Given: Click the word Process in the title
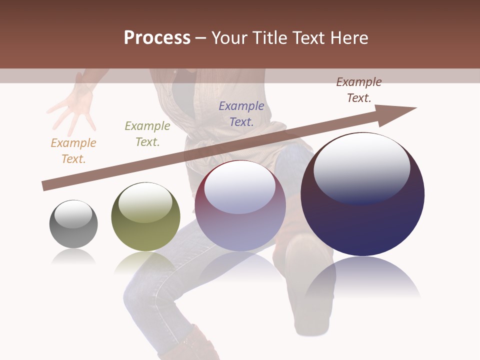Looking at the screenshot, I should pos(157,37).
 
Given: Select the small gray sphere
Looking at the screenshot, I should pos(73,224).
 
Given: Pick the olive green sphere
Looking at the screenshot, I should pos(145,217).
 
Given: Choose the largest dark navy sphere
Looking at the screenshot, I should pos(362,195).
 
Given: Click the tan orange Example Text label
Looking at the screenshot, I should pos(73,150).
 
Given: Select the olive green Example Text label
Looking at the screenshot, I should pos(147,133).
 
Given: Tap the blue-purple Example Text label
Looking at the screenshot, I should pos(241,113).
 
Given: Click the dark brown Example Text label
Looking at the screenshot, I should pos(359,89).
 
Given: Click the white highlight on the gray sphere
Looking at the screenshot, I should pos(73,214).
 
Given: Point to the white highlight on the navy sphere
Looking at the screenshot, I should pos(361,168).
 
